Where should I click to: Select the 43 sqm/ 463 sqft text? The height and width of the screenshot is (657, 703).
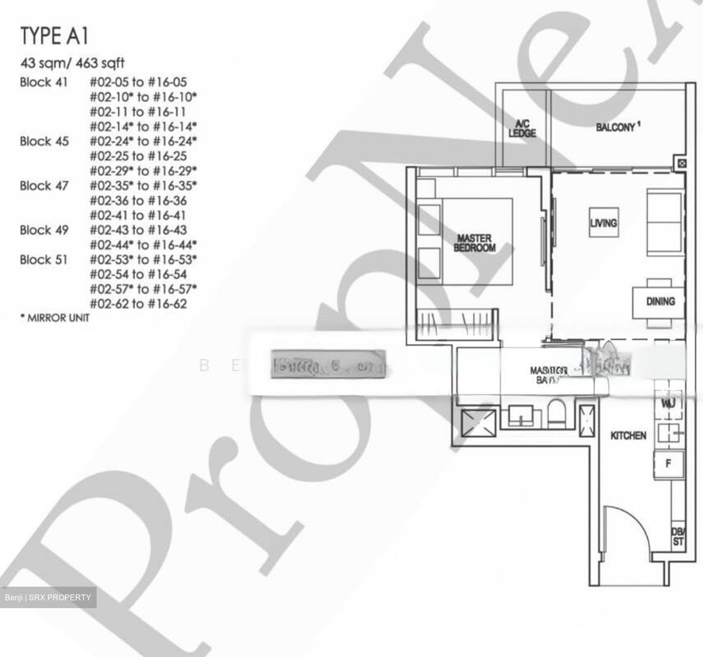[72, 63]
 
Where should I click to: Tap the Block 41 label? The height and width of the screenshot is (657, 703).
[44, 82]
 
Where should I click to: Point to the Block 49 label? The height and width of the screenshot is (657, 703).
[44, 230]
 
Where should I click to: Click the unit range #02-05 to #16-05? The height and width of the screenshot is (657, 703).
[138, 82]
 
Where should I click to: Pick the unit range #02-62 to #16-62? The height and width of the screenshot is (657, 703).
[138, 304]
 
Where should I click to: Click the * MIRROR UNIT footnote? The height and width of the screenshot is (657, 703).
[55, 318]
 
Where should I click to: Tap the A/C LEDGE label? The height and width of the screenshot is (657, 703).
[522, 128]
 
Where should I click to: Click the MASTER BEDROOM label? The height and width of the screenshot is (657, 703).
[474, 243]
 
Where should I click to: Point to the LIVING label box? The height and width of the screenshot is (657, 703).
[603, 223]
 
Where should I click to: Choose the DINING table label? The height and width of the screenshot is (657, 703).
[660, 301]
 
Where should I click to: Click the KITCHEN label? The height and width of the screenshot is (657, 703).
[628, 435]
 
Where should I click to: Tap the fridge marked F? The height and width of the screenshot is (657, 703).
[668, 463]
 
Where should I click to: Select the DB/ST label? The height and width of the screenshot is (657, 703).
[678, 537]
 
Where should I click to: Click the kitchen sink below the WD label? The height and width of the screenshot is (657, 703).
[668, 433]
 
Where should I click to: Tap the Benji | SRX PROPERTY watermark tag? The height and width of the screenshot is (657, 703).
[48, 597]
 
